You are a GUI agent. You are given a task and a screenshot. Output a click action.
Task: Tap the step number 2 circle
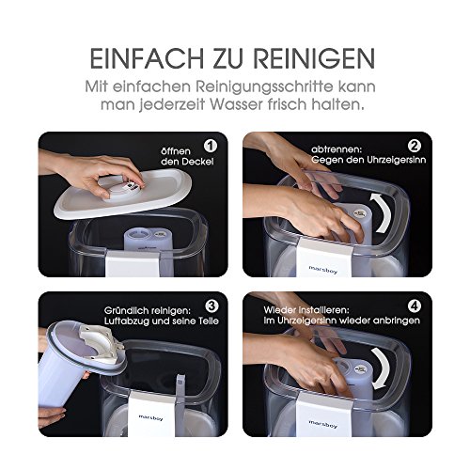click(x=415, y=146)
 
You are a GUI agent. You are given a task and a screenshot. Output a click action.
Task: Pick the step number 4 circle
click(x=415, y=306)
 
